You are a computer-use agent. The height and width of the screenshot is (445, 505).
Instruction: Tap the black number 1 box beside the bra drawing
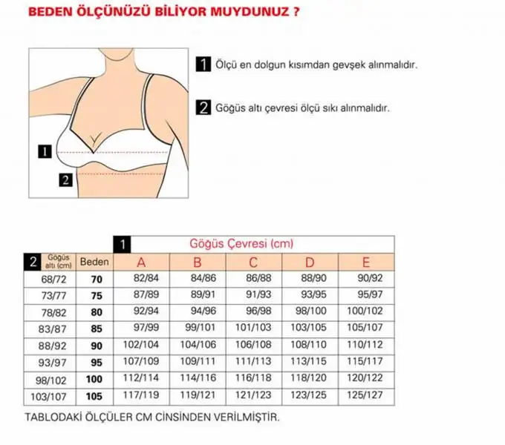tap(45, 151)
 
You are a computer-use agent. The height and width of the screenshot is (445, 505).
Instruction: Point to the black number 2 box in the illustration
tap(65, 180)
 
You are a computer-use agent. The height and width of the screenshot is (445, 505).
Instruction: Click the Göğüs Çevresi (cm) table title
tap(241, 243)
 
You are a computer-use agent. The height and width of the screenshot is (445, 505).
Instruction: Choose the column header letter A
tap(141, 263)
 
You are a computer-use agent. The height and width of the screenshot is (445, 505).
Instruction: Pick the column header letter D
tap(310, 263)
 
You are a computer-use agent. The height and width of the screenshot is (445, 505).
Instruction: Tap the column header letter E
tap(366, 263)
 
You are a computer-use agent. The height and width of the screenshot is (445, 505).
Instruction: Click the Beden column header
tap(94, 262)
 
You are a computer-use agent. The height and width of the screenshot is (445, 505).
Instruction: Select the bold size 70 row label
tap(97, 280)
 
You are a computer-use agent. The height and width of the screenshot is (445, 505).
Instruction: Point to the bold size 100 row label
tap(94, 380)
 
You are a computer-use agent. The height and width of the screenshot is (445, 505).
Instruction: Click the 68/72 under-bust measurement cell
tap(53, 280)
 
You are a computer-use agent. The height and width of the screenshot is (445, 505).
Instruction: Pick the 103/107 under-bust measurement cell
tap(48, 397)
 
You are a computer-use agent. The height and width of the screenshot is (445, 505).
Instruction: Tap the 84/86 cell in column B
tap(203, 278)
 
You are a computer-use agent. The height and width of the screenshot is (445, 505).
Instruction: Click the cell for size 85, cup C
tap(253, 328)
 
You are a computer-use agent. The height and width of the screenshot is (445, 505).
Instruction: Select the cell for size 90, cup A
tap(141, 345)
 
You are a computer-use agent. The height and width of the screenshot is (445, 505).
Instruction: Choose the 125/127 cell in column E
tap(365, 395)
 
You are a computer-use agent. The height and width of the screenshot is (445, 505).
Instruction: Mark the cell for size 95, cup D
tap(308, 361)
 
